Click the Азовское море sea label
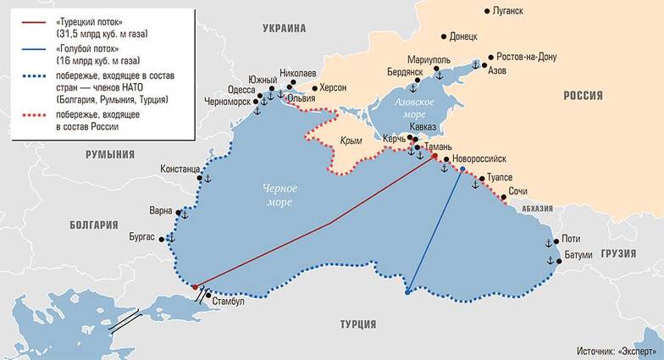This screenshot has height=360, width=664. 408,107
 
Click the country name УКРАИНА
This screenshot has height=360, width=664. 284,28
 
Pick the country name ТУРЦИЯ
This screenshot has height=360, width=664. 358,325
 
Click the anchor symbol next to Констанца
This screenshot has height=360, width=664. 204,179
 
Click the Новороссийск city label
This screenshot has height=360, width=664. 479,158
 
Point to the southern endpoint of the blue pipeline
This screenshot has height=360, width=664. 407,293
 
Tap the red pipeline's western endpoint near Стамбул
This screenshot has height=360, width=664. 195,286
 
